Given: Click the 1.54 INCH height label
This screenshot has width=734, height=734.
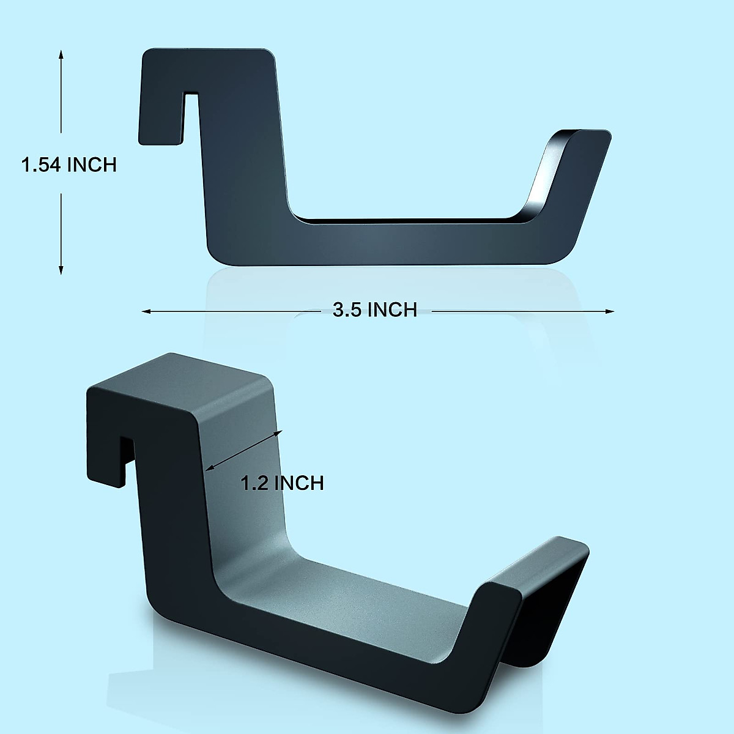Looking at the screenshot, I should coord(69,165).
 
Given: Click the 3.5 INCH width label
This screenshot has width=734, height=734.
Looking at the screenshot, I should coord(374,310).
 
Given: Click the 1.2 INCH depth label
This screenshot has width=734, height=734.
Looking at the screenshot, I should coord(281,483).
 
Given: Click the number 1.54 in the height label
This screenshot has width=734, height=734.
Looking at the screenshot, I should coord(41,165).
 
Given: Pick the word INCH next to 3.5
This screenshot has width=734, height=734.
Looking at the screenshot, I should coord(392,310).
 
